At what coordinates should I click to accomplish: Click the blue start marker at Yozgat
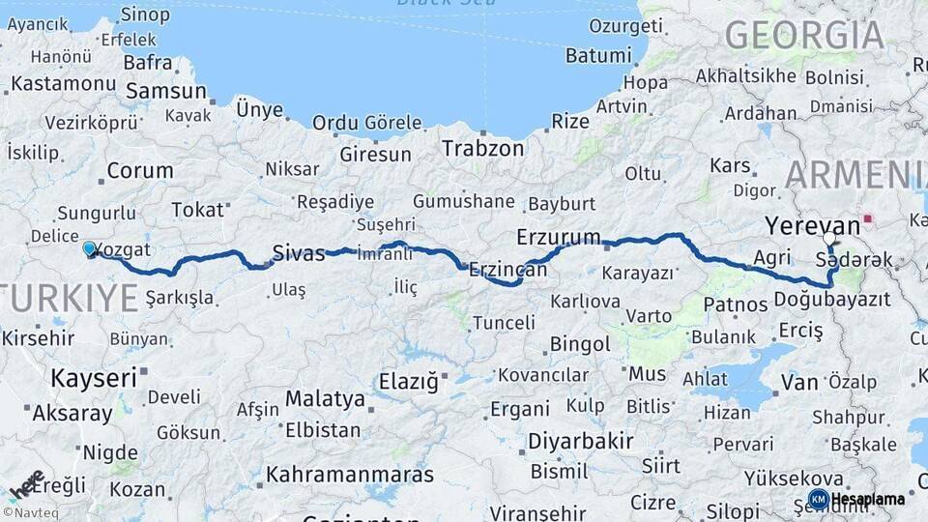(90, 248)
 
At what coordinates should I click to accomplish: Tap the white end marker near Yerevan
(828, 237)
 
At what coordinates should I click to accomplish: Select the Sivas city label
(298, 253)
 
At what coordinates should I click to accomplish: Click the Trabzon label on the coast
(482, 149)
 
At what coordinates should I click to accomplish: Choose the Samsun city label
(165, 91)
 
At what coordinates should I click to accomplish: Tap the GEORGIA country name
(804, 35)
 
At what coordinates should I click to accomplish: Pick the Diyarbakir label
(580, 442)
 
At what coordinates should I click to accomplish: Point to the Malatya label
(325, 398)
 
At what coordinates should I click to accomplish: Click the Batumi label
(597, 55)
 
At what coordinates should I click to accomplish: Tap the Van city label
(799, 383)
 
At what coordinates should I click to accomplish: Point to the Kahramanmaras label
(350, 475)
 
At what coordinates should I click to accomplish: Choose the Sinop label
(145, 14)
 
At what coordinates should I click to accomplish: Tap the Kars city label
(730, 165)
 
